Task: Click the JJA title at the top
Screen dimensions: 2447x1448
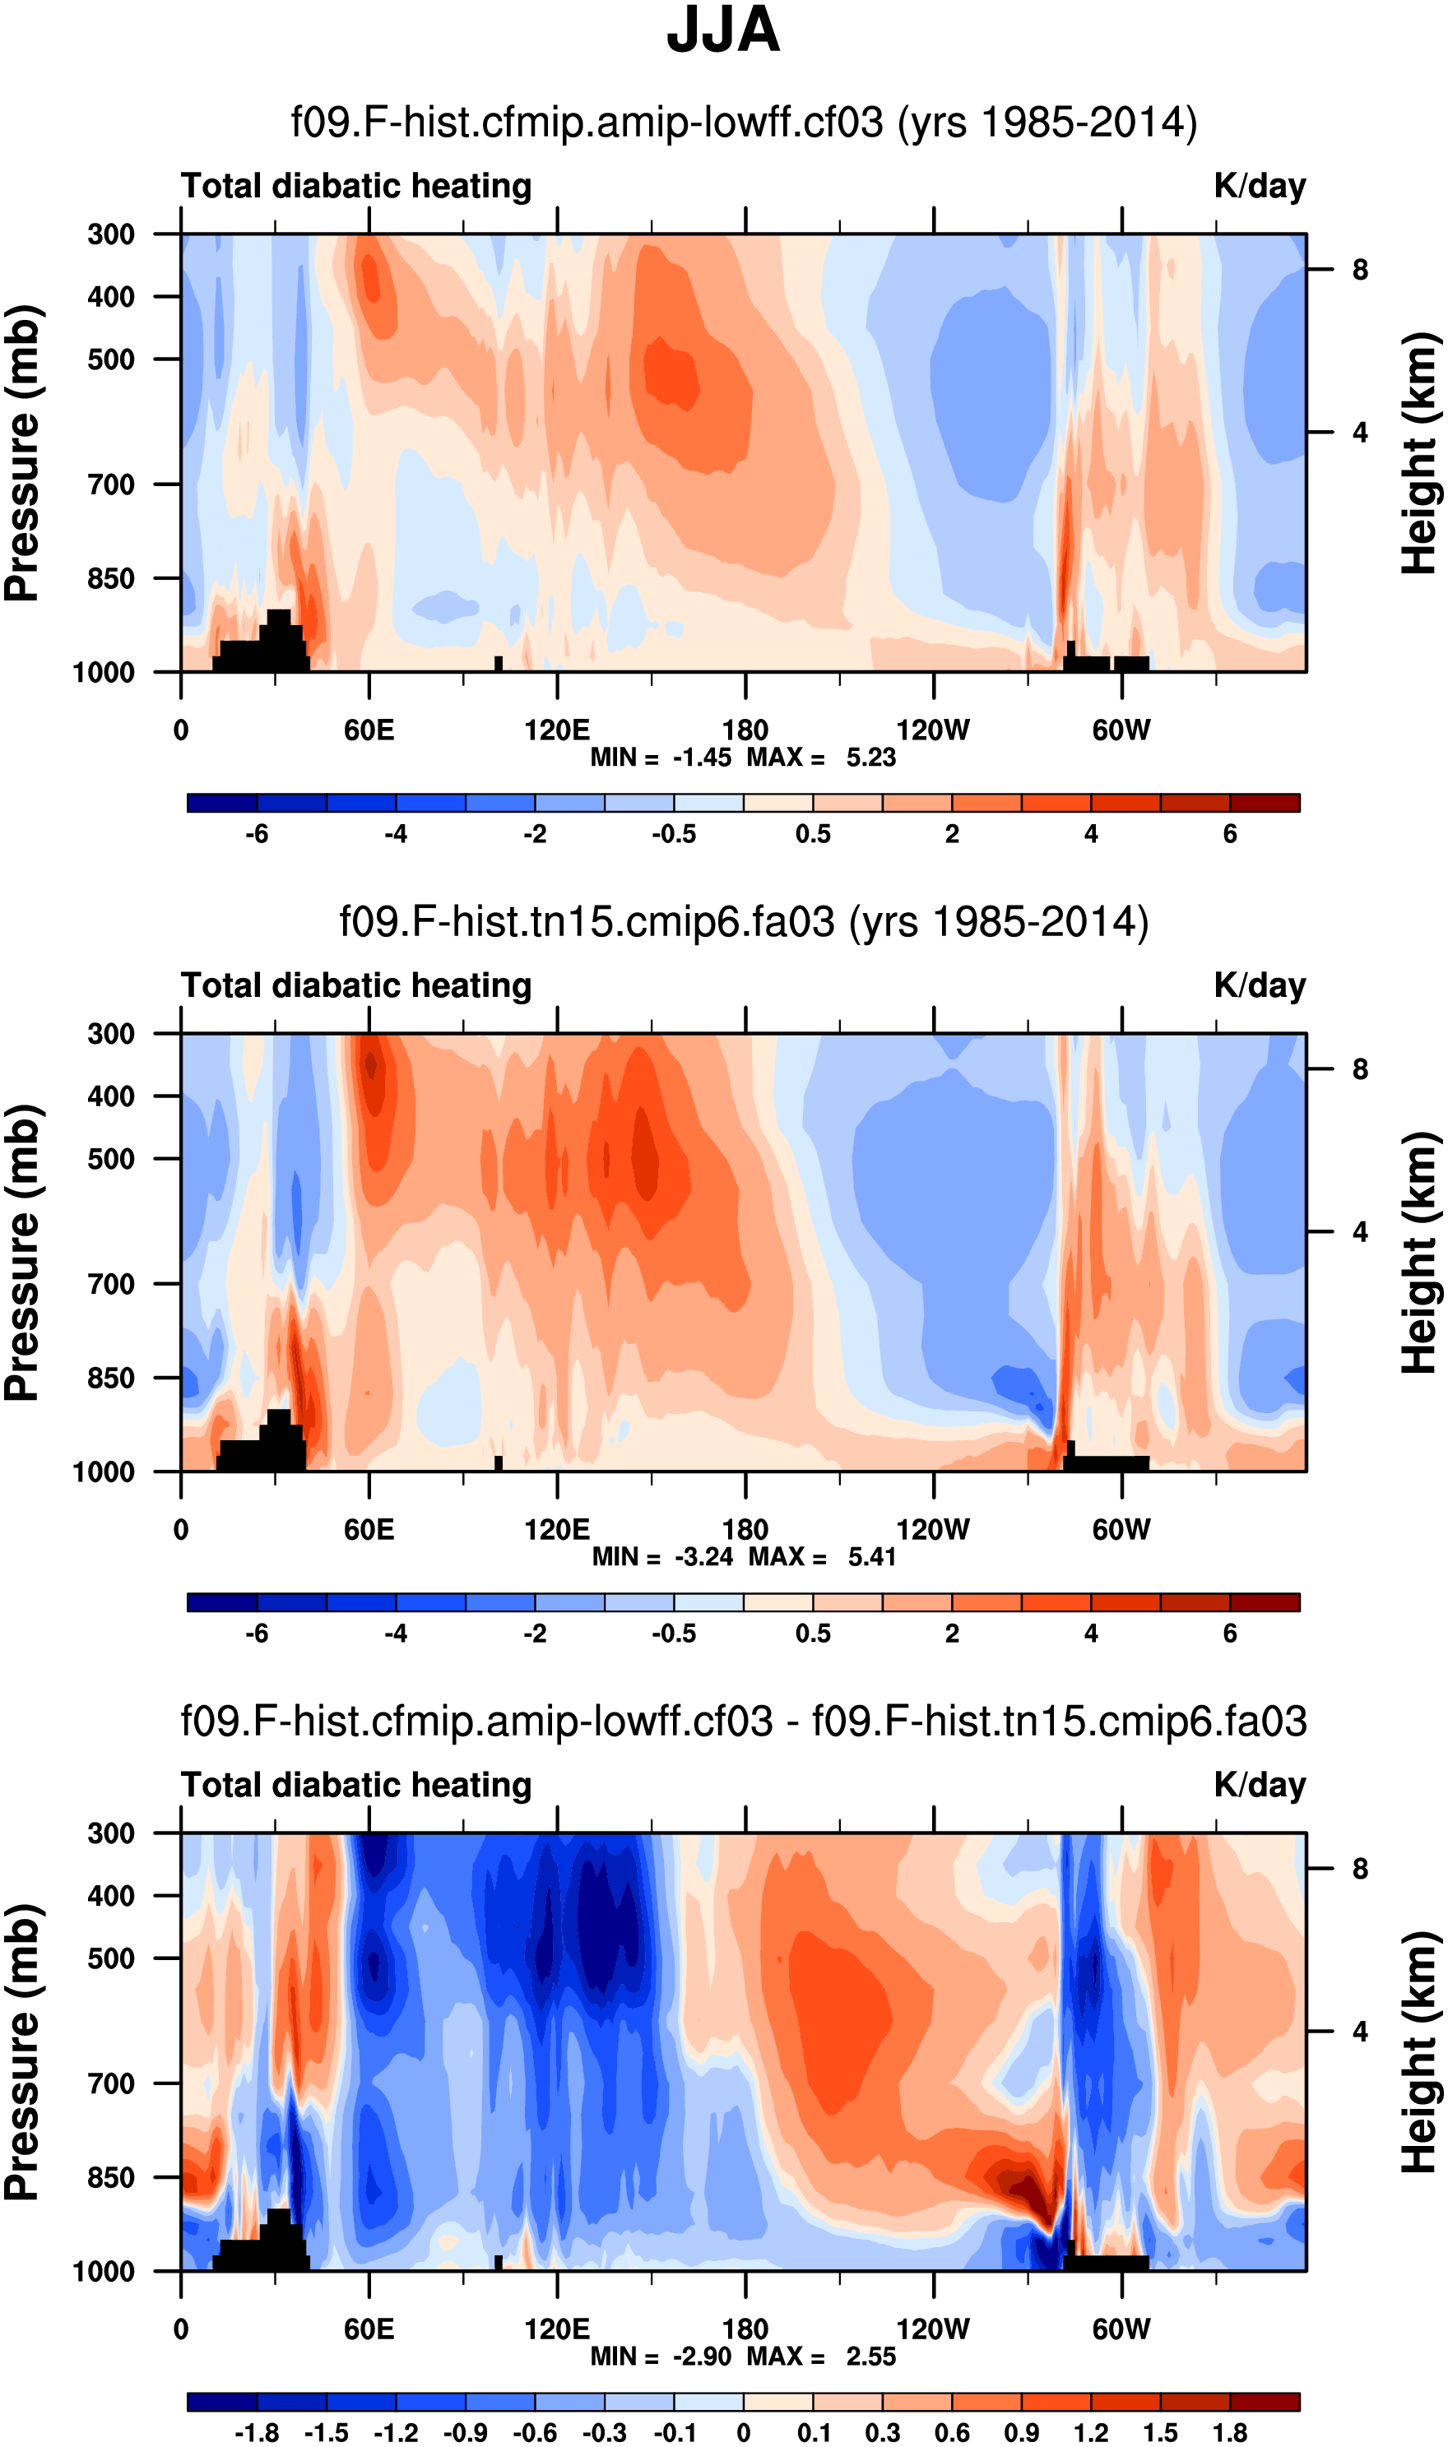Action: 723,31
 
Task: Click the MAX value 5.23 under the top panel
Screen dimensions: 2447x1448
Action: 870,758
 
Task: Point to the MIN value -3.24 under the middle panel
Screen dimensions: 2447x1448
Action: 703,1558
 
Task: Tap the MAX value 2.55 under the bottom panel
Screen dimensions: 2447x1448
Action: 870,2357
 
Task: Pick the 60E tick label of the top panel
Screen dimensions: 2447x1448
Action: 369,730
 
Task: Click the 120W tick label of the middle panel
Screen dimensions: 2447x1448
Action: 933,1530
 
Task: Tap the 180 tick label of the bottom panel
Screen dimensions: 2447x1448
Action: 745,2330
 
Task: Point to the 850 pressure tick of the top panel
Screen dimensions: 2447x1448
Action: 111,578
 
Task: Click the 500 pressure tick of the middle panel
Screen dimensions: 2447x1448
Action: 111,1160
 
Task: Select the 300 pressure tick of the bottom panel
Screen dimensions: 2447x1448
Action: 111,1833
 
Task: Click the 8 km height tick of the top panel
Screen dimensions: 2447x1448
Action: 1360,270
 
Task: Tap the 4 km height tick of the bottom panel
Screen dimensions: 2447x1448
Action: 1360,2032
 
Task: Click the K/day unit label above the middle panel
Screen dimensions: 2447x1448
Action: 1260,986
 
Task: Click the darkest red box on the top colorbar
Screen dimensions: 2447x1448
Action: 1265,803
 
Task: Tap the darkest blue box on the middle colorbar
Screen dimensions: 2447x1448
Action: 222,1602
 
